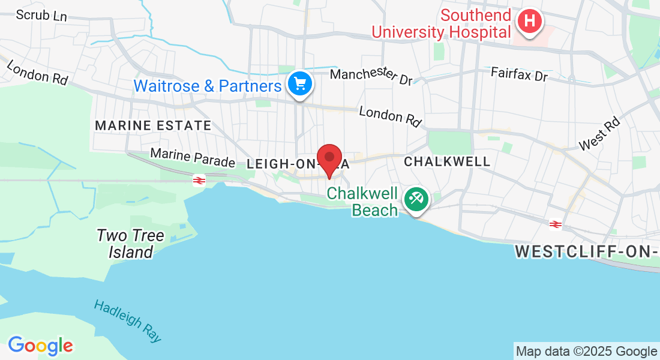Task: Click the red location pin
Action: point(329,158)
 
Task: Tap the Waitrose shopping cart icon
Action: point(299,84)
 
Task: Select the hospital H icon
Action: point(529,22)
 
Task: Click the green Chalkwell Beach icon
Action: point(415,199)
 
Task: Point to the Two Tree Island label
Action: point(130,244)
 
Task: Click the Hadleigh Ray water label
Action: point(128,321)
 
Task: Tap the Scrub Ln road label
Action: point(41,15)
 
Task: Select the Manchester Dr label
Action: point(371,76)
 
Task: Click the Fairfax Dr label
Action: point(519,75)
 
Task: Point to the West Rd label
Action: point(598,134)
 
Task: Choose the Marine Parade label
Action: point(192,158)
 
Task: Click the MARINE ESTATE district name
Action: point(153,126)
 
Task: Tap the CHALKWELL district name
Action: point(447,161)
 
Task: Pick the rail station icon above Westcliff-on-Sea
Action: point(556,224)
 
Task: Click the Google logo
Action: point(40,346)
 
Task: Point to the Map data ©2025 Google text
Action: point(586,352)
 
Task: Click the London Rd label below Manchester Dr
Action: point(390,115)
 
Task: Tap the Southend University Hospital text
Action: point(442,23)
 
